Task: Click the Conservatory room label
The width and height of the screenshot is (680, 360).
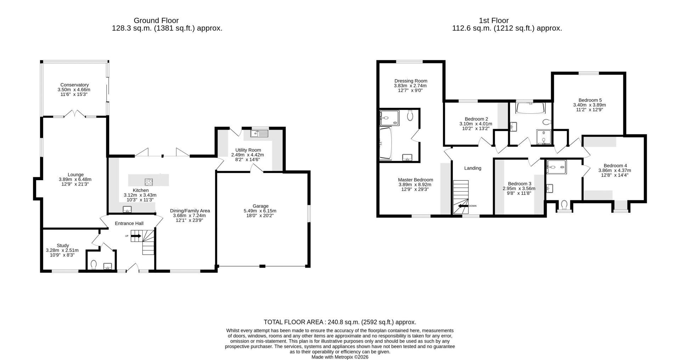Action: click(74, 85)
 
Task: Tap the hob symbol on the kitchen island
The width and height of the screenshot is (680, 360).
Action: click(148, 182)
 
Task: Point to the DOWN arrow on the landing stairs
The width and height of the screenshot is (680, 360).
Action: click(463, 206)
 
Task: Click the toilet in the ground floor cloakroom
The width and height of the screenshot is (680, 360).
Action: click(94, 264)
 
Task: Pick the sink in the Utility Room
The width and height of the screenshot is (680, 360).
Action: click(260, 133)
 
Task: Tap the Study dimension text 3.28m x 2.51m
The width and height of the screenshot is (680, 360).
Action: click(62, 250)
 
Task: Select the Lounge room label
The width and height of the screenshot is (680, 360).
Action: click(76, 175)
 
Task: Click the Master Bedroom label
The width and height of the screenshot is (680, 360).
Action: click(415, 180)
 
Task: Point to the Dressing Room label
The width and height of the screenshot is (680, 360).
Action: click(411, 81)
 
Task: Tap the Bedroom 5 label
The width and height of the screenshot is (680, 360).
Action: click(590, 100)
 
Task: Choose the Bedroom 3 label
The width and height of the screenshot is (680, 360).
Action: click(520, 184)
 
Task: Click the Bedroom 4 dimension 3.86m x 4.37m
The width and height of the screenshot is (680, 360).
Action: click(615, 170)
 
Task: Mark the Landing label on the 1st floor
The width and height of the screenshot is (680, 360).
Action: click(473, 168)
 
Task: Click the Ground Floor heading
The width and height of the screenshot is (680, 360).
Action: click(156, 21)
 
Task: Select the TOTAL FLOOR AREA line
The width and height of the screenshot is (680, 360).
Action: click(340, 322)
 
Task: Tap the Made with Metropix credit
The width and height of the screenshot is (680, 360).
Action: click(340, 357)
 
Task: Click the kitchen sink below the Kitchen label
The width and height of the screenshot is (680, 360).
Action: click(127, 210)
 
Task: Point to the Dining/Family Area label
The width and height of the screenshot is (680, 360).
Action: click(190, 211)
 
